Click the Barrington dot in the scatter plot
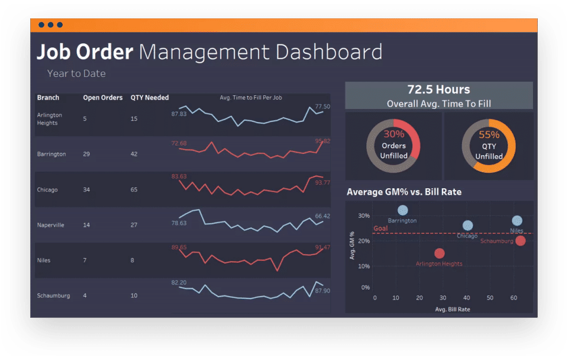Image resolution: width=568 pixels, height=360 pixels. point(403,210)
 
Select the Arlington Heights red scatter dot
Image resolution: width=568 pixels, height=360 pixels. point(439,253)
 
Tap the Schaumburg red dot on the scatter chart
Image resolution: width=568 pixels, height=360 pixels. point(520,240)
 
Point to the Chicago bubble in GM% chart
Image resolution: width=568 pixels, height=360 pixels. point(467,226)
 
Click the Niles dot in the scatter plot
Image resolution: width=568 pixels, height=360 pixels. point(517,221)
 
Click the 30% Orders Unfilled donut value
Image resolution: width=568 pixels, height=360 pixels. point(393,134)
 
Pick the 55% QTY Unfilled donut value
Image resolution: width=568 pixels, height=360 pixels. point(489,134)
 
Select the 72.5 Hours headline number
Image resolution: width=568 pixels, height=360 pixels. point(438,89)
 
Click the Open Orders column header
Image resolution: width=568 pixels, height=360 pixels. point(103,98)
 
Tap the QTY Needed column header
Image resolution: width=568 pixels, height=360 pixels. point(150,98)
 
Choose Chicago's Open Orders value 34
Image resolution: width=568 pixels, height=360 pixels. point(87,190)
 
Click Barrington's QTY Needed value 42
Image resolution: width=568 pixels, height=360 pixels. point(134,154)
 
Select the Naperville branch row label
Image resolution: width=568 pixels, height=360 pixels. point(50,225)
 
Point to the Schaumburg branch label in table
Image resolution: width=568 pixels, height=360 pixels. point(53,295)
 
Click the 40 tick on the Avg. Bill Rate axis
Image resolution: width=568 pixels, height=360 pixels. point(466,298)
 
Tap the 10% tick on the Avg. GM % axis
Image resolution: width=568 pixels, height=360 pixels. point(364,266)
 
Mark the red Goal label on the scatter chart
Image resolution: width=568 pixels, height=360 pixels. point(380,229)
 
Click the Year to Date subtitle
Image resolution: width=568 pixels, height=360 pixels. point(76,74)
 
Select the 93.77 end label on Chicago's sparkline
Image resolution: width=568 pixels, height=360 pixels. point(323,182)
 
